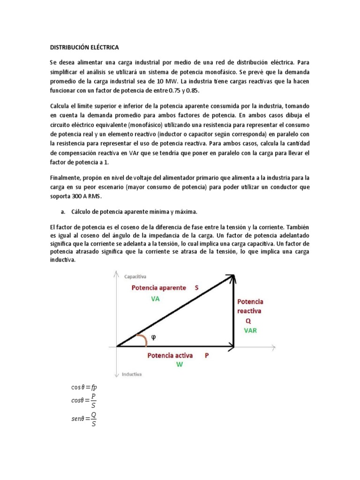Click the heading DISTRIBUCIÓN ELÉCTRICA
pos(85,47)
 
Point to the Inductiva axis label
pos(133,375)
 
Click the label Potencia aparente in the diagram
pos(159,287)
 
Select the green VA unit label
pos(156,299)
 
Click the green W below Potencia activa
pos(179,364)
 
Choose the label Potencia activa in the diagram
pos(170,356)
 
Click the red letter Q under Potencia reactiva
pos(248,321)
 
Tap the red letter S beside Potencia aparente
pos(197,287)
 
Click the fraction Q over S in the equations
pos(94,420)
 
